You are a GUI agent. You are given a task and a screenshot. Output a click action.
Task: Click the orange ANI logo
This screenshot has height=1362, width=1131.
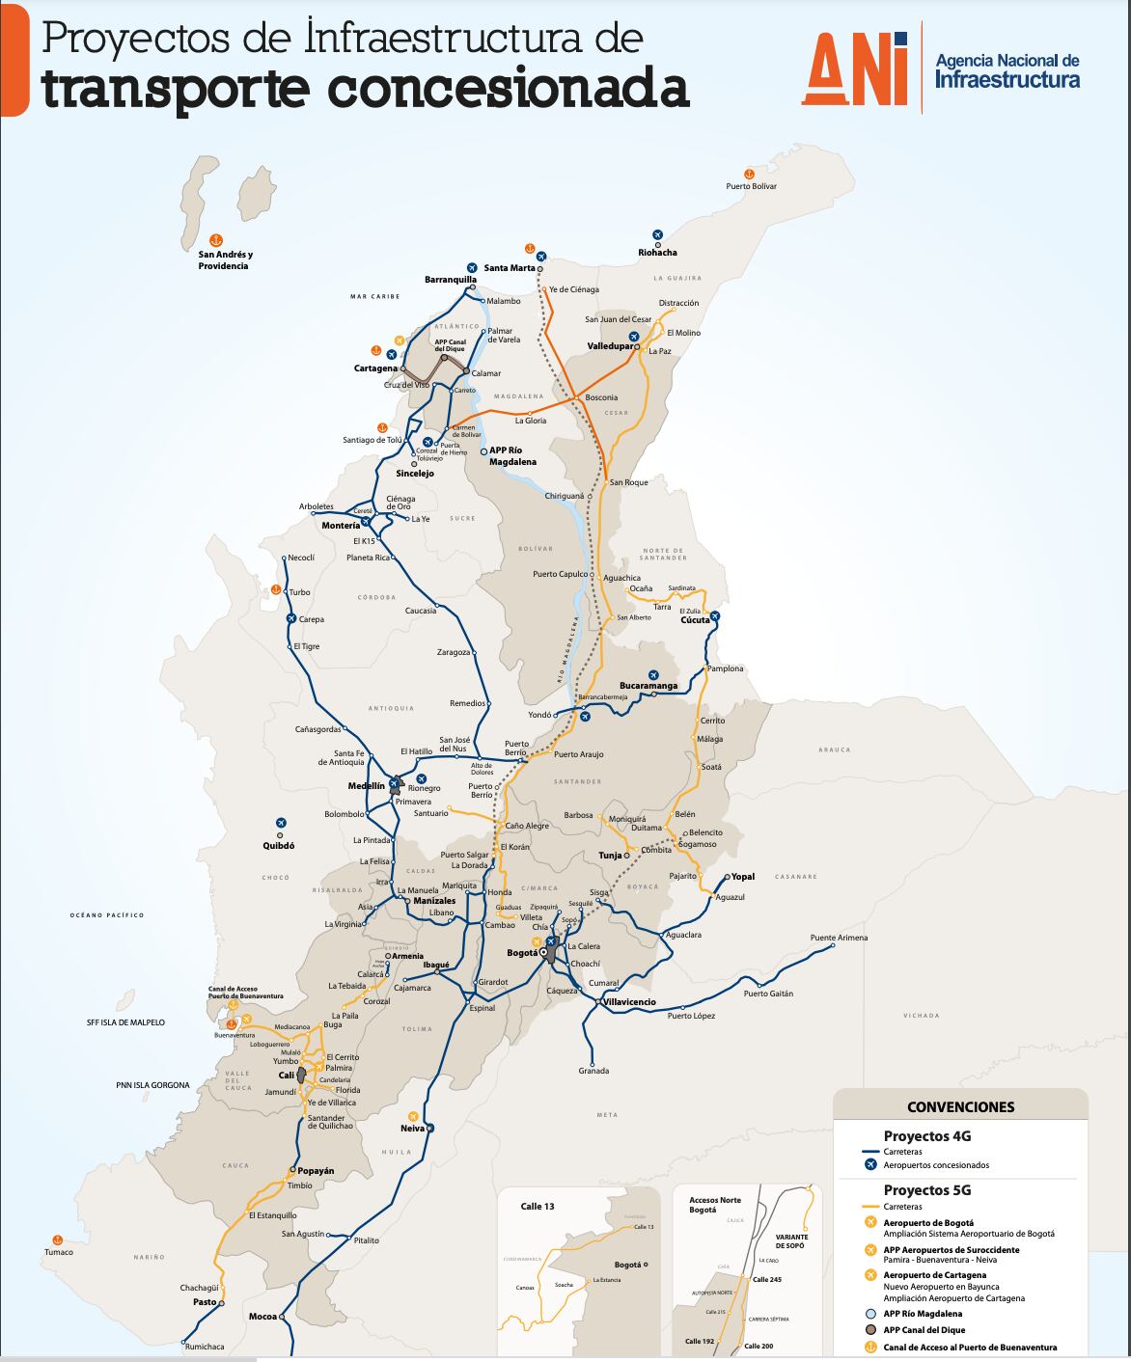(855, 68)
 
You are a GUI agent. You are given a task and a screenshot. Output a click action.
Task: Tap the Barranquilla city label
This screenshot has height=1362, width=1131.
(451, 280)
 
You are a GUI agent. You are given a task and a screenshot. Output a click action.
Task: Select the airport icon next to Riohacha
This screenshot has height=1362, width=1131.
(658, 235)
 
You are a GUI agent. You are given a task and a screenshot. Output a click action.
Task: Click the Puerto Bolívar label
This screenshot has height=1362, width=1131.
(751, 186)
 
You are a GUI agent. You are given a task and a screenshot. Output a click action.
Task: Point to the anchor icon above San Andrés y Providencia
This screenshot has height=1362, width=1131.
(216, 239)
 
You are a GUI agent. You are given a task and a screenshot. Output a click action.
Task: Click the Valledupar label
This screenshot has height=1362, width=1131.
(610, 345)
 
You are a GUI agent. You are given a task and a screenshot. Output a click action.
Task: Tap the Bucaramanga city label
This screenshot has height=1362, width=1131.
(648, 686)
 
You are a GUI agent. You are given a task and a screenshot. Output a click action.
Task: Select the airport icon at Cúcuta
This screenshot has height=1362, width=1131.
(715, 615)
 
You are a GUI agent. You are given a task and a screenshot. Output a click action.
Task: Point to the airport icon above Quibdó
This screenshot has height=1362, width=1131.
(281, 823)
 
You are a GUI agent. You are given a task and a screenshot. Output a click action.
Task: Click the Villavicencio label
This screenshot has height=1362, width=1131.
(629, 1002)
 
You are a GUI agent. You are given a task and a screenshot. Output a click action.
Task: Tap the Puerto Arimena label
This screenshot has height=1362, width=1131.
(839, 938)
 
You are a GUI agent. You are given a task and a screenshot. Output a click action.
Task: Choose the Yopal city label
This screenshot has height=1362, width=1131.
(743, 877)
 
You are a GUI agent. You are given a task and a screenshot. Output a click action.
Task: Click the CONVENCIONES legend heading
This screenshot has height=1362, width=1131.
(960, 1106)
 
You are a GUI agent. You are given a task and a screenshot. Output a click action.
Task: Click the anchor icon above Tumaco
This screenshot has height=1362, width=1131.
(56, 1239)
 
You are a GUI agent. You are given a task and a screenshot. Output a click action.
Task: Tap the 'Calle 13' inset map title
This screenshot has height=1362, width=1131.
(538, 1206)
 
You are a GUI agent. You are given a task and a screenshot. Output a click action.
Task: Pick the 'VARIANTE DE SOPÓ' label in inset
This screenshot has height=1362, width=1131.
(790, 1239)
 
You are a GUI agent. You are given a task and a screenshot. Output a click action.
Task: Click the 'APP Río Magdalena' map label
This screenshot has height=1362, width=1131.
(512, 456)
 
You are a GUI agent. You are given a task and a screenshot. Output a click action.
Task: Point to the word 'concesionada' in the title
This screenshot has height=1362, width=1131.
(509, 89)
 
